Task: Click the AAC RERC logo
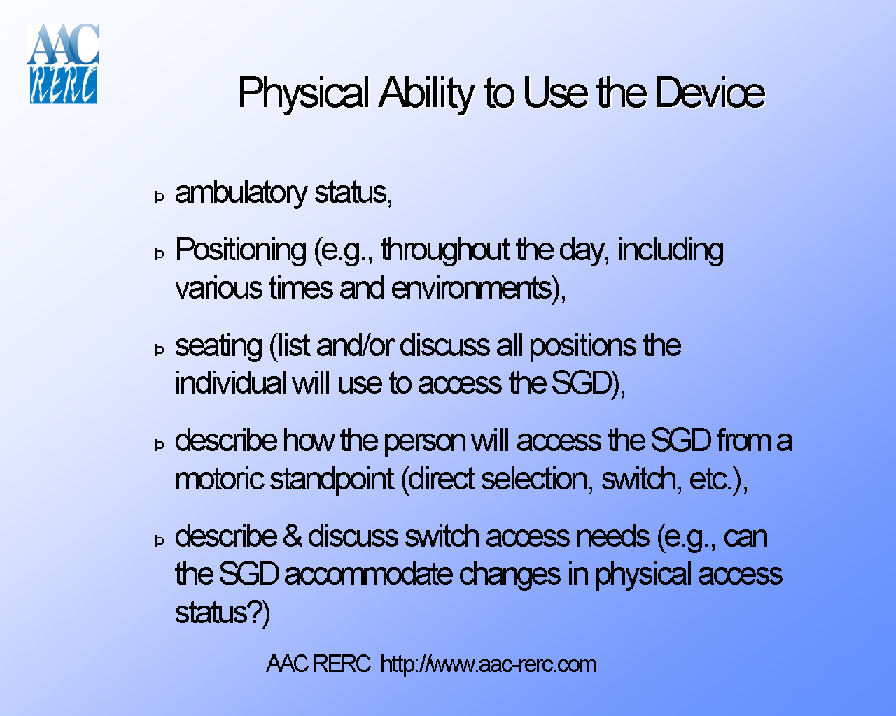point(63,64)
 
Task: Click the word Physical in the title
point(303,93)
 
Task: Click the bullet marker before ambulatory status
point(160,196)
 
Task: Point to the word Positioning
point(240,250)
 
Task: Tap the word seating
point(218,345)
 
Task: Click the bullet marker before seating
point(160,350)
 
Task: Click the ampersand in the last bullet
point(293,536)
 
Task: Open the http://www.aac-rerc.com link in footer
point(488,664)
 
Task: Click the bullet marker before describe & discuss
point(160,540)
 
